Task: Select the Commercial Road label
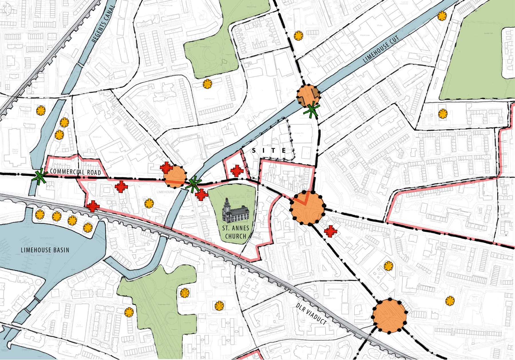pyautogui.click(x=75, y=172)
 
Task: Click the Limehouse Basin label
pyautogui.click(x=45, y=250)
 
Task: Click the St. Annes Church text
pyautogui.click(x=236, y=232)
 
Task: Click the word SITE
pyautogui.click(x=269, y=151)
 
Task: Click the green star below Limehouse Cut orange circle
pyautogui.click(x=312, y=110)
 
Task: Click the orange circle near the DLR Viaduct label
pyautogui.click(x=389, y=316)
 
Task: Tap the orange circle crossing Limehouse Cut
pyautogui.click(x=308, y=96)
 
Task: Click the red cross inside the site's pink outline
pyautogui.click(x=237, y=171)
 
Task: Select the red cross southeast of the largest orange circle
pyautogui.click(x=330, y=231)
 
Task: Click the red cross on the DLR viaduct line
pyautogui.click(x=92, y=206)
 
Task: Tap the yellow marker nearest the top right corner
pyautogui.click(x=442, y=16)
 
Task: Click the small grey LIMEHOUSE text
pyautogui.click(x=165, y=192)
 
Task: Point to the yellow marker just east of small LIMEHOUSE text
pyautogui.click(x=149, y=204)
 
